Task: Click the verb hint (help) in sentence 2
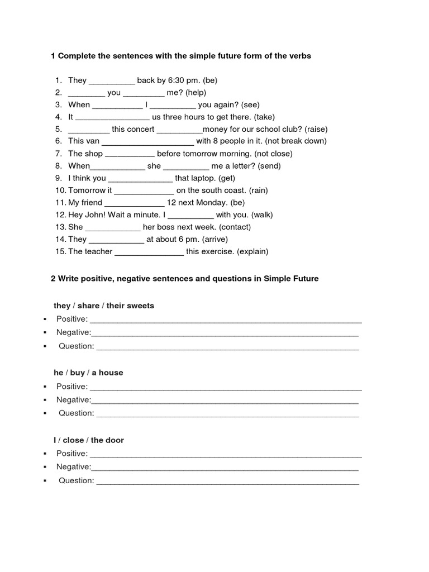[196, 93]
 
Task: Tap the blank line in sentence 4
[112, 117]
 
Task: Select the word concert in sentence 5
[140, 130]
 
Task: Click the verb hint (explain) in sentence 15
[252, 252]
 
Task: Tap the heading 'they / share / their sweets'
[104, 306]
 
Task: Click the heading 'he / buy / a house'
[88, 373]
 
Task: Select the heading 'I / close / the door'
[89, 440]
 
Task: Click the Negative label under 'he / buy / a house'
[73, 400]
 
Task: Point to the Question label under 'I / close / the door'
[77, 480]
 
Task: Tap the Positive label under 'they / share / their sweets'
[72, 320]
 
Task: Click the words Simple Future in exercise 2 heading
[291, 279]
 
